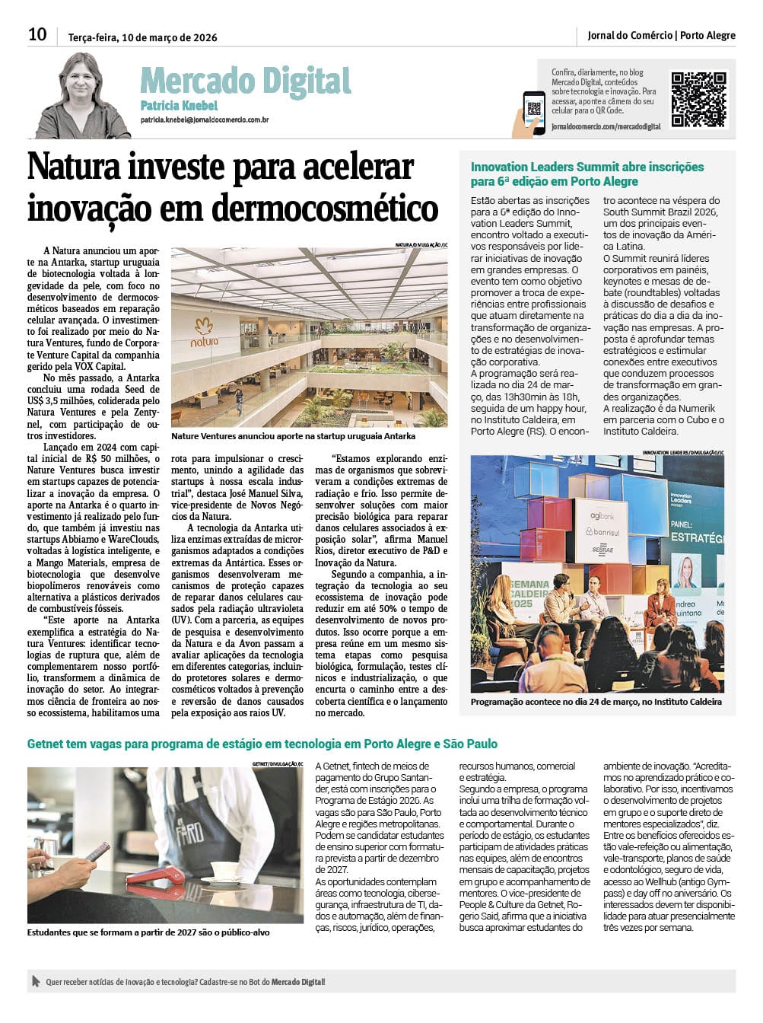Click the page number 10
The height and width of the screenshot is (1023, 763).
pos(37,34)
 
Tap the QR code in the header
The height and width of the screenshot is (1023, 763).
pos(698,99)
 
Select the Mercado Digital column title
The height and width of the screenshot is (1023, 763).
pos(245,81)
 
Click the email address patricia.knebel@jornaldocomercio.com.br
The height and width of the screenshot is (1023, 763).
pos(204,120)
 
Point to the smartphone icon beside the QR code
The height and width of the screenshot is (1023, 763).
pos(533,113)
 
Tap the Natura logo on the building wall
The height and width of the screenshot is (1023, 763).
pos(203,332)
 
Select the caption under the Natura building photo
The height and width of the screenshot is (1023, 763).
pos(293,437)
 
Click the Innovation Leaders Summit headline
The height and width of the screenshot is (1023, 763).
pos(587,174)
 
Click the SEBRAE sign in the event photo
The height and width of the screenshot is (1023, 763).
pos(603,550)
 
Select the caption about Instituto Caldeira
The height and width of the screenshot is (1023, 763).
pos(596,702)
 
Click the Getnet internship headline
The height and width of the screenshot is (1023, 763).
pos(262,744)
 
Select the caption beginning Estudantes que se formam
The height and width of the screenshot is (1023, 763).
pos(148,932)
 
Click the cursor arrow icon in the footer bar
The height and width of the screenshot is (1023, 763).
pos(35,982)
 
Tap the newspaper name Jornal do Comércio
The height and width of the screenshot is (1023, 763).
pos(630,35)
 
